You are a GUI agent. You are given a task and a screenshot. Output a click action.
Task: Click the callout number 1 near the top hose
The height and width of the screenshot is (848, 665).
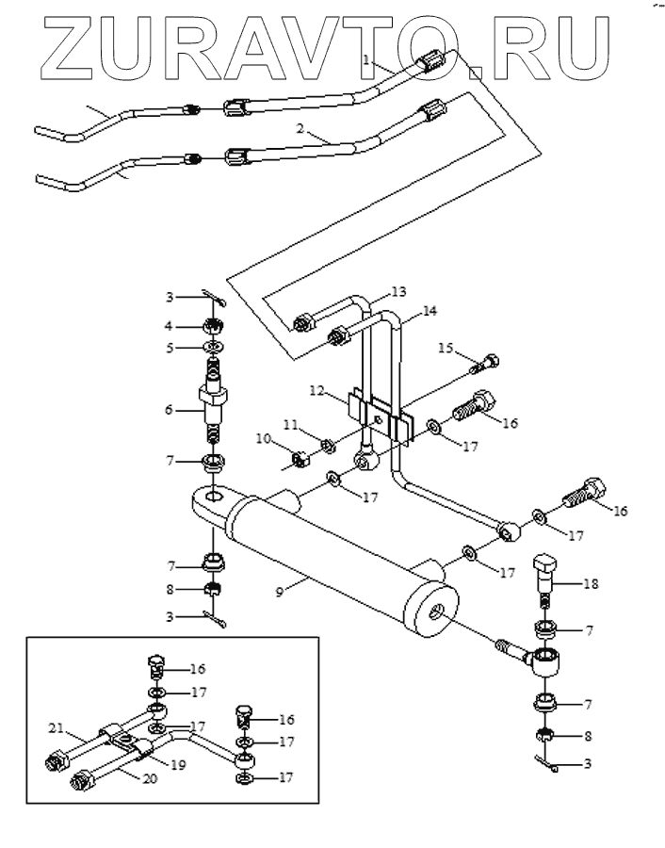point(367,59)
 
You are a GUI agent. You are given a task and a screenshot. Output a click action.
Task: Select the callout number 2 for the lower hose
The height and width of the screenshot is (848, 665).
point(300,129)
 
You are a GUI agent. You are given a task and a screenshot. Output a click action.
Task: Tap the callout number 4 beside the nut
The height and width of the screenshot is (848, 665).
point(169,326)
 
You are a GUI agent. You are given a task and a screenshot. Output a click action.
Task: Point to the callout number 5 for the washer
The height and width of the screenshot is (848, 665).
point(170,347)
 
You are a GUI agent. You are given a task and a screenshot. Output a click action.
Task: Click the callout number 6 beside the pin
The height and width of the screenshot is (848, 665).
point(170,410)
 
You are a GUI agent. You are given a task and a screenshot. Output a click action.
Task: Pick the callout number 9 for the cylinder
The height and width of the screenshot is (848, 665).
point(280,592)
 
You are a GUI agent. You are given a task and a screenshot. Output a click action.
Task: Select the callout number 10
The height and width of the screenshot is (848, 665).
point(264,438)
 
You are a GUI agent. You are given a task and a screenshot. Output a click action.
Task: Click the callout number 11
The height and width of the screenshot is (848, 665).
point(291,425)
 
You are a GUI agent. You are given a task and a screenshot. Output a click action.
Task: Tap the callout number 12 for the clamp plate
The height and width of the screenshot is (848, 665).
point(317,390)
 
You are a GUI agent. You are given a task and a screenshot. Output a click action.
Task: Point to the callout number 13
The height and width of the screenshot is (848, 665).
point(398,292)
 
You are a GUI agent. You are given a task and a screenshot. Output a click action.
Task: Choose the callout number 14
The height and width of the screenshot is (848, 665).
point(430,311)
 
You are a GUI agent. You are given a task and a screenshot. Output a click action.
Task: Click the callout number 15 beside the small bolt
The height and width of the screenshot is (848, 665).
point(446,347)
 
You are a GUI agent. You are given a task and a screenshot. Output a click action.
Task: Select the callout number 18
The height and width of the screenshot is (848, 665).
point(591,584)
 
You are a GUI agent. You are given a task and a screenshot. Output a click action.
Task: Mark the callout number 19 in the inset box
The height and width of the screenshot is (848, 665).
point(178,765)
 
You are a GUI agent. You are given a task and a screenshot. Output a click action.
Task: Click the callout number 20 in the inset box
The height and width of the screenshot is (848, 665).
point(150,778)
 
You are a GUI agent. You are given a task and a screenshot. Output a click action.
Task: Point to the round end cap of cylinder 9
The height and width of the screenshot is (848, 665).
point(431,610)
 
